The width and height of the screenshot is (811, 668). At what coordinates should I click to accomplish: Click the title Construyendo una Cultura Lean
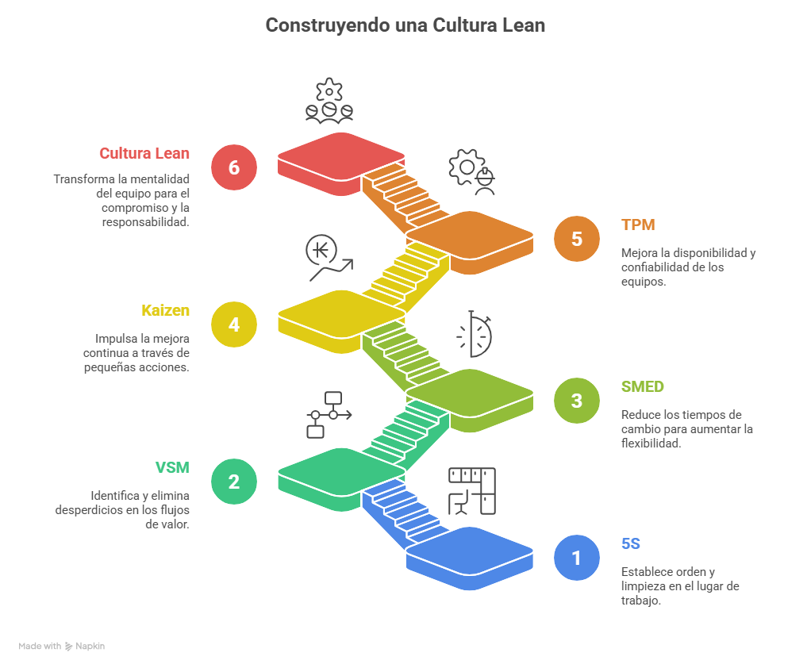point(405,25)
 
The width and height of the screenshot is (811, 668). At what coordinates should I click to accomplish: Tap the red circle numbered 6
point(233,167)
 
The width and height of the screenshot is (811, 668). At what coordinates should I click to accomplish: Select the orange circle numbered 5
point(577,239)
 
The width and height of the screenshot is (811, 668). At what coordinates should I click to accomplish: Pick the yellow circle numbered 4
point(233,324)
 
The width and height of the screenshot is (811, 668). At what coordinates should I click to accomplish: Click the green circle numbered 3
point(577,401)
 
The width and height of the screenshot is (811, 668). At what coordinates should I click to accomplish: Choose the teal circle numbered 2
point(233,482)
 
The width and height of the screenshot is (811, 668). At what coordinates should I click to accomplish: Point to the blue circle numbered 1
point(577,558)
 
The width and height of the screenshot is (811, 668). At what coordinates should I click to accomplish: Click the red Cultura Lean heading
point(144,153)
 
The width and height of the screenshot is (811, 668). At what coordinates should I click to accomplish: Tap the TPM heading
point(638,225)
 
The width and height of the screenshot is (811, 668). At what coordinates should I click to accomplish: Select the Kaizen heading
point(165,310)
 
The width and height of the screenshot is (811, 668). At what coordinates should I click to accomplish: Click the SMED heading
point(642,387)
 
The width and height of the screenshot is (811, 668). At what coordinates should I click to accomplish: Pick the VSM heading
point(172,467)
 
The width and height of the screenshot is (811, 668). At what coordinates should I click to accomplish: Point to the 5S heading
point(631,544)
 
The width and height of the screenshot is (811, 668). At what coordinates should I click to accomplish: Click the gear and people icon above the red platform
point(329,101)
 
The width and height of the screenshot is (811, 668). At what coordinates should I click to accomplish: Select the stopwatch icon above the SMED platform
point(475,333)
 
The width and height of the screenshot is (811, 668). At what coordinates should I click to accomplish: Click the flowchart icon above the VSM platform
point(328,413)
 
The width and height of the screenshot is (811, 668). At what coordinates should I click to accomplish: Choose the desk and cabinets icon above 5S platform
point(472,490)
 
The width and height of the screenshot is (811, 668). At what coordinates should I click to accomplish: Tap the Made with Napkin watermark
point(62,647)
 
